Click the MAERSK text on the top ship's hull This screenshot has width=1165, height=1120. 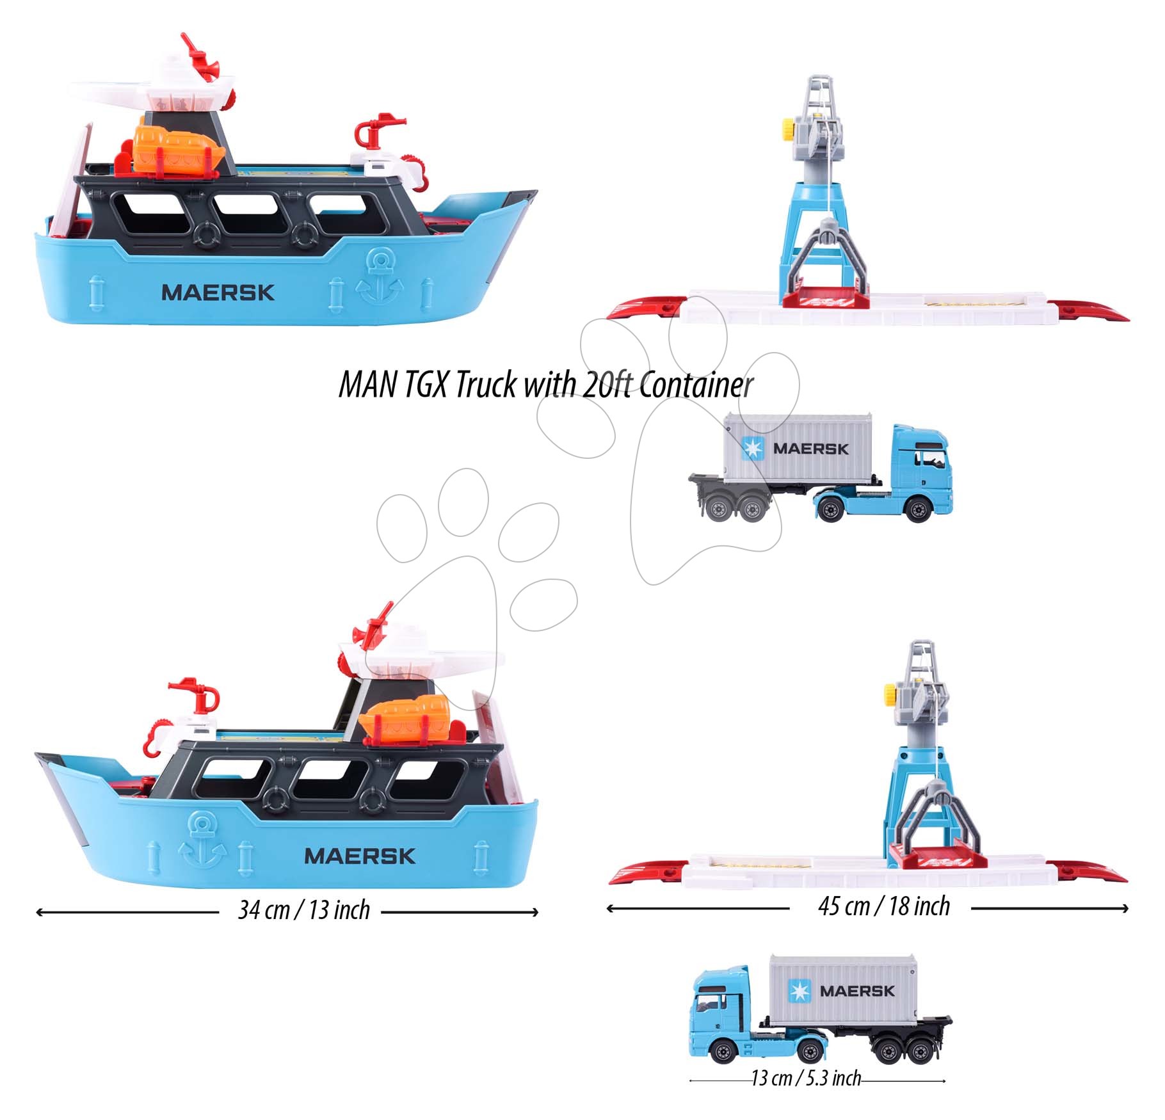pyautogui.click(x=218, y=292)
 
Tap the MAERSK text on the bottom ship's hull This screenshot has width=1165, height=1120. pyautogui.click(x=360, y=856)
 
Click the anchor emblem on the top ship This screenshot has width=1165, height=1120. pyautogui.click(x=380, y=276)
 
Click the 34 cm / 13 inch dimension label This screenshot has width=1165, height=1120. pyautogui.click(x=304, y=910)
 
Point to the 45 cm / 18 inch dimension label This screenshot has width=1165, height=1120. pyautogui.click(x=884, y=906)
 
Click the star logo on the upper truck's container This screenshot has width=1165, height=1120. pyautogui.click(x=753, y=449)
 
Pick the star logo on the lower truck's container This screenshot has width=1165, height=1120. pyautogui.click(x=799, y=991)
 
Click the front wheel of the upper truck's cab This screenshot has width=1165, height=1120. pyautogui.click(x=919, y=510)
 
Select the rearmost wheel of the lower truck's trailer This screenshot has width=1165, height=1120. pyautogui.click(x=920, y=1051)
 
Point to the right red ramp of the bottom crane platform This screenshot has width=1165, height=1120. pyautogui.click(x=1088, y=872)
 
